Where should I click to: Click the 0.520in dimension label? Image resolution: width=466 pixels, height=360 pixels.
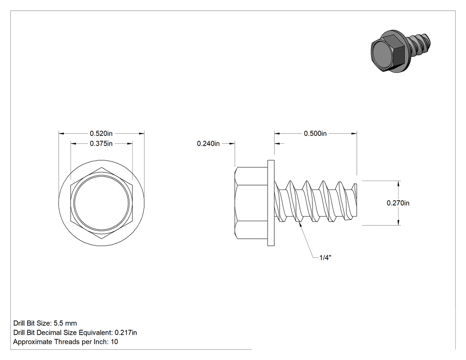point(101,134)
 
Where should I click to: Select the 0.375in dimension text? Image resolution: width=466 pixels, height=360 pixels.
point(101,143)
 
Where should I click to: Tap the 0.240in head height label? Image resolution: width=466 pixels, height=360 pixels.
point(208,143)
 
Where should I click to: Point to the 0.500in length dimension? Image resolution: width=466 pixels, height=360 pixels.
point(315,134)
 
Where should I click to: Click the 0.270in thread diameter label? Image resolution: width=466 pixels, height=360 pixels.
point(398,203)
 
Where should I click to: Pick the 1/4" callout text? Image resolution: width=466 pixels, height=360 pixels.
point(325,258)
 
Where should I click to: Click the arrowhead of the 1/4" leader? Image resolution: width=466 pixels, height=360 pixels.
point(301,225)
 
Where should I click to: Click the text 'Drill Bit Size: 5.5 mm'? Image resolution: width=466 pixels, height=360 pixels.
point(45,323)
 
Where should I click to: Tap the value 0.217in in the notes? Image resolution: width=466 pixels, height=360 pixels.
point(126,332)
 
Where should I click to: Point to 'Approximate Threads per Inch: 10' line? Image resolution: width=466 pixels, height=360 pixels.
point(66,342)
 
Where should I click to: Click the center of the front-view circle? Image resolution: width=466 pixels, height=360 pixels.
point(101,203)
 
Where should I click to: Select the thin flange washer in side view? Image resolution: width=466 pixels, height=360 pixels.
point(271,203)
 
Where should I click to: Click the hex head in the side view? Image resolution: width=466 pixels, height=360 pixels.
point(251,203)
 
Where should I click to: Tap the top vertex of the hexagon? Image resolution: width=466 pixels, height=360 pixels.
point(101,167)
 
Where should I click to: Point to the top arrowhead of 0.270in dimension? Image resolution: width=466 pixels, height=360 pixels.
point(399,183)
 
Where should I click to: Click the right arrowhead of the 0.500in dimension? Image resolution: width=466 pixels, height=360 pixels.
point(354,134)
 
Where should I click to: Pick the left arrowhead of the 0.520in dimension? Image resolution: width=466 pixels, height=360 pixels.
point(62,134)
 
